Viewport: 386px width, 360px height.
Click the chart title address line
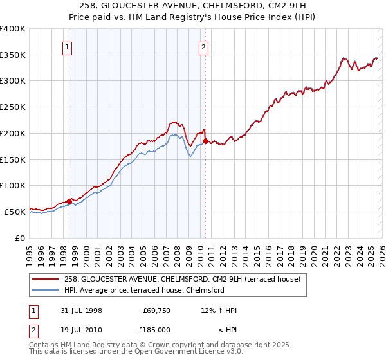pos(192,6)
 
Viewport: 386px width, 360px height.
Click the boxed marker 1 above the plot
pos(68,46)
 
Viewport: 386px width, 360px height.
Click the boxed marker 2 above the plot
pos(203,46)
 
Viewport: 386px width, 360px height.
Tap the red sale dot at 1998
pos(69,201)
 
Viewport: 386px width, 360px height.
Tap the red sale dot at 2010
pos(205,141)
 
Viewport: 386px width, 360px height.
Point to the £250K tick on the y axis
pos(13,107)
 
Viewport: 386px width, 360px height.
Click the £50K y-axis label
pos(14,212)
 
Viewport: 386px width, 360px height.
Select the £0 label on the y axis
pos(19,238)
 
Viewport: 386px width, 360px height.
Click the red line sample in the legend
pos(46,279)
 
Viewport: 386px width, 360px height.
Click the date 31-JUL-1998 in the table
pos(77,310)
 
